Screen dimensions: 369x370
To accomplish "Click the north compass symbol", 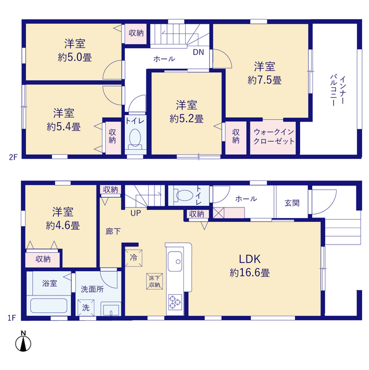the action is pyautogui.click(x=23, y=342).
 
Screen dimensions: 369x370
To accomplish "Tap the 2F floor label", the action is pyautogui.click(x=13, y=157).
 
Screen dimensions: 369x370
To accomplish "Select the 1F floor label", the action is pyautogui.click(x=12, y=318).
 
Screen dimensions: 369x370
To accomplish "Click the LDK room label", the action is pyautogui.click(x=250, y=259).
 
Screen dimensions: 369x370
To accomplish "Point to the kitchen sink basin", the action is pyautogui.click(x=175, y=261).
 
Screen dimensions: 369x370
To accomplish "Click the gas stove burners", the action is pyautogui.click(x=175, y=302).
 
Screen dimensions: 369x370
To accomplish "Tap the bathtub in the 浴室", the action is pyautogui.click(x=49, y=306).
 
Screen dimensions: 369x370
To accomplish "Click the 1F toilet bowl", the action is pyautogui.click(x=183, y=195).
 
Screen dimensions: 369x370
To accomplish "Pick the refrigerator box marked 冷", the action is pyautogui.click(x=134, y=258).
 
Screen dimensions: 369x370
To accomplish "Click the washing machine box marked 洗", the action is pyautogui.click(x=86, y=308).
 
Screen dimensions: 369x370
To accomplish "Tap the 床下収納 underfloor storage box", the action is pyautogui.click(x=154, y=282).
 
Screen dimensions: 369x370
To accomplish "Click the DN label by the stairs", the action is pyautogui.click(x=198, y=52).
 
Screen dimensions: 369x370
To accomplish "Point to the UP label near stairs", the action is pyautogui.click(x=136, y=213).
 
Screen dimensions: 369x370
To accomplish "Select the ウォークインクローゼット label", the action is pyautogui.click(x=274, y=136).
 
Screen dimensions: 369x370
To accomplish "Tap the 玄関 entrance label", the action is pyautogui.click(x=292, y=203).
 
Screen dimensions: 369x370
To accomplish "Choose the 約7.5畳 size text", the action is pyautogui.click(x=264, y=80).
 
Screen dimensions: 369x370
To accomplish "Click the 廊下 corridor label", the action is pyautogui.click(x=113, y=231).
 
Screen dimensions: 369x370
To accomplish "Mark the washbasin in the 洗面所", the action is pyautogui.click(x=111, y=309).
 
